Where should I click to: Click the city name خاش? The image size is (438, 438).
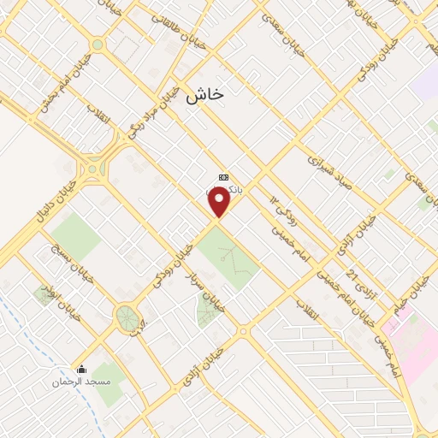pos(204,95)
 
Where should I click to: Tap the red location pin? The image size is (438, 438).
pos(221,201)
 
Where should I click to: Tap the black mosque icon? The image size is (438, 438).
pos(81,370)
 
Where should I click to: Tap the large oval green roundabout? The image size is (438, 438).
pos(128,318)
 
